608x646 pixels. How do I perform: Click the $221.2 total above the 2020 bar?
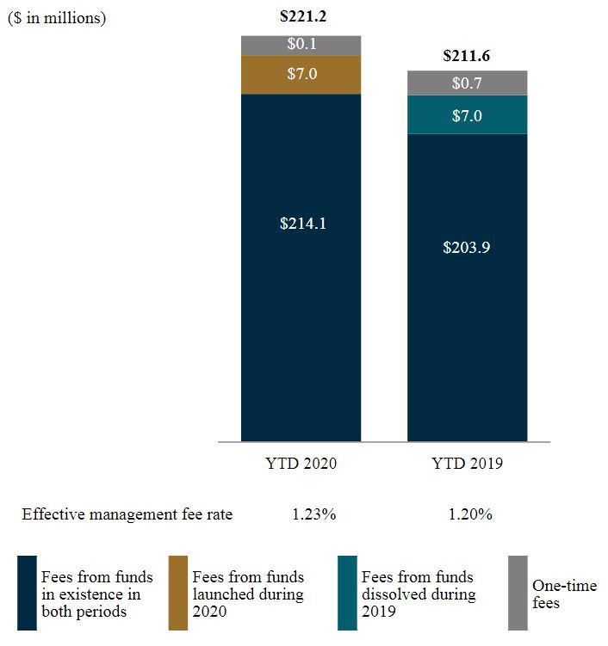click(301, 16)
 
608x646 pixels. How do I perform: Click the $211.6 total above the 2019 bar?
click(466, 56)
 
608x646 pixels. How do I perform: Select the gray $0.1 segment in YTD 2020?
click(301, 45)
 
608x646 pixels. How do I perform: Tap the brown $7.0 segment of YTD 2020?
click(301, 74)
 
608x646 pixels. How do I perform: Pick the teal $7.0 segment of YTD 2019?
click(467, 114)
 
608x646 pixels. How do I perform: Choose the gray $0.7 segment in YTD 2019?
click(467, 83)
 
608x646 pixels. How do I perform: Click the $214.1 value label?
click(301, 223)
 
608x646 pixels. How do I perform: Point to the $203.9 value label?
click(467, 247)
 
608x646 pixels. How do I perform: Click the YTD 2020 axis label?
click(301, 464)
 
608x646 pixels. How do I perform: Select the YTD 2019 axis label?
click(467, 464)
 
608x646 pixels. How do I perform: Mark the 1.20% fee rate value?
click(470, 515)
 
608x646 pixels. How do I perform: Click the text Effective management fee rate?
click(127, 515)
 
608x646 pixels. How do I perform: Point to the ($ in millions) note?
click(57, 18)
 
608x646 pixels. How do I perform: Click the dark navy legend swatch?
click(27, 594)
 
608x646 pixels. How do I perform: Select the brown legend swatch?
click(178, 594)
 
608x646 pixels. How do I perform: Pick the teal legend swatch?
click(347, 594)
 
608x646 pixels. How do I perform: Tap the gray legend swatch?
click(518, 594)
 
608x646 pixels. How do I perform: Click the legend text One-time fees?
click(564, 594)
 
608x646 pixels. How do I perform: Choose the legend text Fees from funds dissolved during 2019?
click(419, 594)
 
